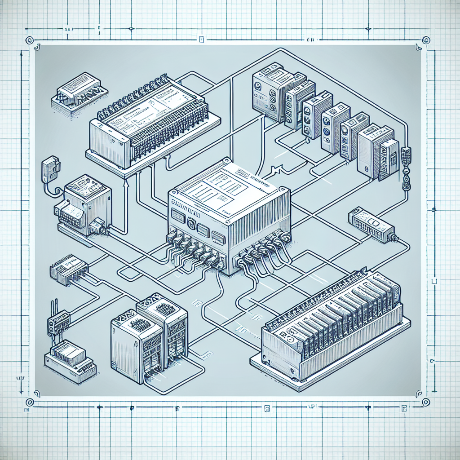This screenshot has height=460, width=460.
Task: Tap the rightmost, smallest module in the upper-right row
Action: coord(388,159)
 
